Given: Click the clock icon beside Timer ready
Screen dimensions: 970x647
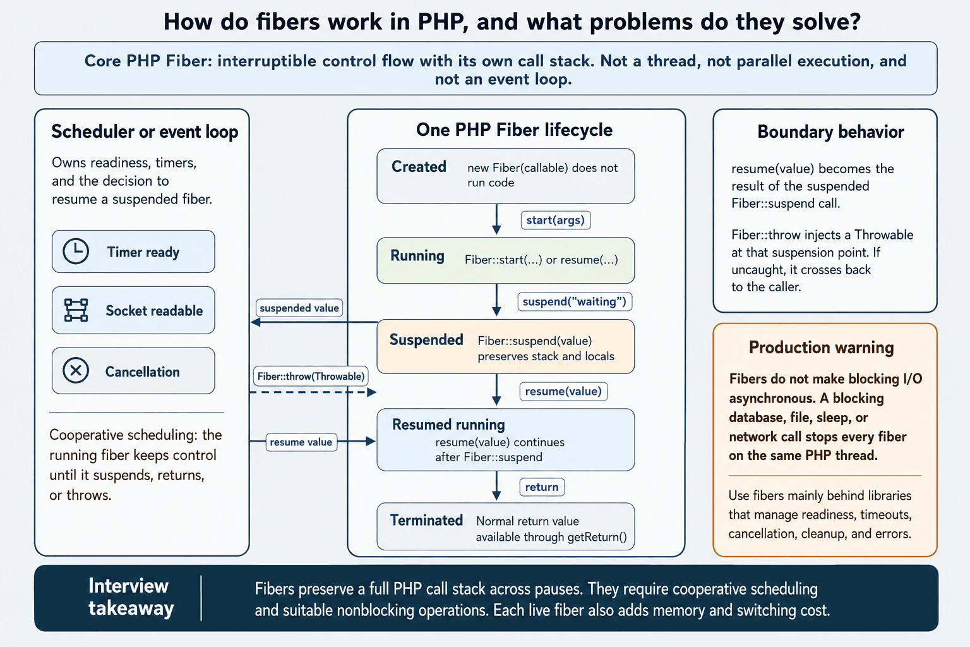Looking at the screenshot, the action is (76, 251).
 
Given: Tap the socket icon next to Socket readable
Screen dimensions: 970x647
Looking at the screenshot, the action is (76, 310).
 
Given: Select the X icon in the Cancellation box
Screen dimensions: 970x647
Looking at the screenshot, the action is (76, 370).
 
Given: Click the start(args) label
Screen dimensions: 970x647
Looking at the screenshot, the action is (556, 220).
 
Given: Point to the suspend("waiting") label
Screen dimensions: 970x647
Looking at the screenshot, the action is (575, 301).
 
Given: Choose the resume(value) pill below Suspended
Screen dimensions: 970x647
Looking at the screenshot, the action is (563, 391).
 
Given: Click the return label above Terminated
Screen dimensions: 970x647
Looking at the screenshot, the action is (542, 487).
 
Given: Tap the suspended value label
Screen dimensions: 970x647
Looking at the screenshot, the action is (299, 308).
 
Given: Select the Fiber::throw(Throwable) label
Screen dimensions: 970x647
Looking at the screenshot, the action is (311, 376).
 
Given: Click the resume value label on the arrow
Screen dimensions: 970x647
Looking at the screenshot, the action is (301, 442).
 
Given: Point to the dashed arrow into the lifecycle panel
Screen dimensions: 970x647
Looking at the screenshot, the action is (313, 392).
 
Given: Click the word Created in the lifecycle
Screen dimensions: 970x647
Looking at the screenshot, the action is (419, 167).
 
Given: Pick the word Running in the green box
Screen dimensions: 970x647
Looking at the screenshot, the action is (417, 256).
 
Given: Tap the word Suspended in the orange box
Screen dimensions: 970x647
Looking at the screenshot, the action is (426, 340).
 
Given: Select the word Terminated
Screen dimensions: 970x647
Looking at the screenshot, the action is (426, 520).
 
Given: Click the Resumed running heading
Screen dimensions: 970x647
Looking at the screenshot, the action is (448, 425).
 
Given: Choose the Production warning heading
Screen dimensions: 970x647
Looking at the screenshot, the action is (822, 348).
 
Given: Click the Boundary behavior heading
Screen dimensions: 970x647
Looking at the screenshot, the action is (830, 132).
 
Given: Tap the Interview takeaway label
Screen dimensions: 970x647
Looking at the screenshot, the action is (130, 596).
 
